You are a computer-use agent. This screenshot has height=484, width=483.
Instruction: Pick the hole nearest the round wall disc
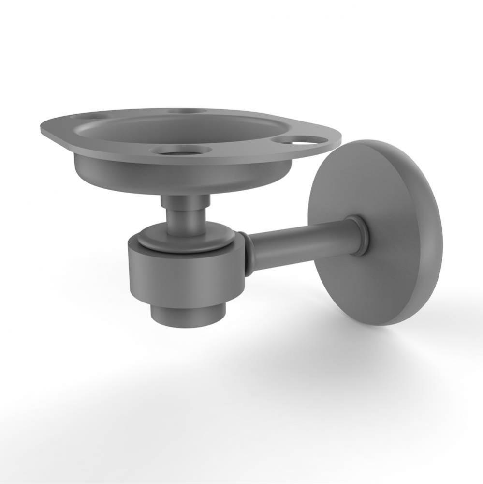pyautogui.click(x=299, y=140)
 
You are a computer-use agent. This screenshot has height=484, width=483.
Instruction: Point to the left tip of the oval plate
pyautogui.click(x=44, y=128)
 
